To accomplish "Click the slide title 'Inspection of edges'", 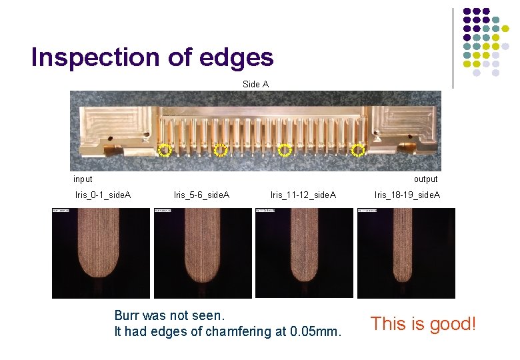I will click(x=152, y=57).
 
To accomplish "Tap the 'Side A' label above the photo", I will click(x=256, y=84).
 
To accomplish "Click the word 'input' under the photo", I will click(x=83, y=179).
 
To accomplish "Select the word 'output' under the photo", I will click(x=425, y=179).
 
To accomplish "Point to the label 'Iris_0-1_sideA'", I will click(x=103, y=195).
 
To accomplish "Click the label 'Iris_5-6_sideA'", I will click(x=201, y=195).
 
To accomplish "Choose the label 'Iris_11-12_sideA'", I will click(x=303, y=195).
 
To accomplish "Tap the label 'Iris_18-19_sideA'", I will click(x=407, y=195).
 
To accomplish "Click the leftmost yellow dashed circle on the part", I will click(x=165, y=150).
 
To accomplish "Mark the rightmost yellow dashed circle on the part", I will click(x=358, y=150).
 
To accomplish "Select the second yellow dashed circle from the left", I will click(x=221, y=150).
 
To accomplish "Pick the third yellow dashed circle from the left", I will click(x=285, y=150).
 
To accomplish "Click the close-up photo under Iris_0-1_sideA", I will click(x=101, y=253).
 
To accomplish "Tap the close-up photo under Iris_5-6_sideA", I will click(x=203, y=253).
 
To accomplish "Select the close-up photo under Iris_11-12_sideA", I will click(x=304, y=253).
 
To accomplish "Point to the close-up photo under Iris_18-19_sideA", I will click(x=406, y=253).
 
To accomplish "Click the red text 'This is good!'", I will click(x=424, y=324).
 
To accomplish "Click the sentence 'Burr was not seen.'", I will click(x=171, y=315).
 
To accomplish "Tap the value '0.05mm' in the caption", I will click(x=316, y=331).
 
